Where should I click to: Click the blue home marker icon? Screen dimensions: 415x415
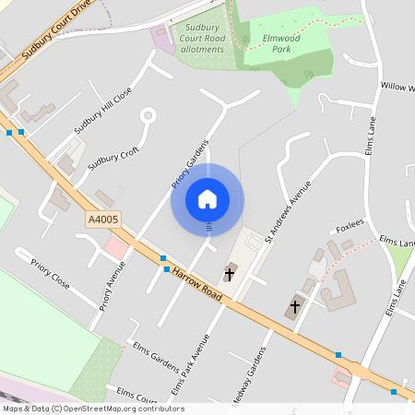pos(207,199)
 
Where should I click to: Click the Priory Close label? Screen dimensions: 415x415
pos(51,275)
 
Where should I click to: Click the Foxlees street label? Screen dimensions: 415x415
pos(350,225)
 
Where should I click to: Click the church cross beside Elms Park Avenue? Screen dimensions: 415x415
pos(230,274)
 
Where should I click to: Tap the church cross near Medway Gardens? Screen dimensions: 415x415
pos(295,307)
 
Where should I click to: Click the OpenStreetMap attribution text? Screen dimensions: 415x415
pos(93,408)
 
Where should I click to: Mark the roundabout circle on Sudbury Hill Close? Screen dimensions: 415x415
pos(147,117)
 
